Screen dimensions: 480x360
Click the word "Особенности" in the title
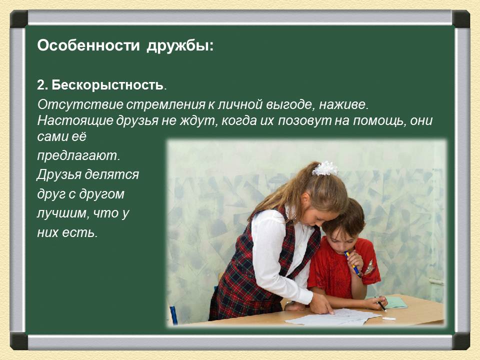coord(88,45)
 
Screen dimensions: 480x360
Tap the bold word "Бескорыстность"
coord(107,85)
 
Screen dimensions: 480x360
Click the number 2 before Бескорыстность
coord(41,85)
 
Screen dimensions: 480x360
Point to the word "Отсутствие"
coord(80,104)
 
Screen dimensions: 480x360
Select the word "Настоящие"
coord(75,121)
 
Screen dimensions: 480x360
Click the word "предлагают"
coord(77,156)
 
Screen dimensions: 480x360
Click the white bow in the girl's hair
coord(324,168)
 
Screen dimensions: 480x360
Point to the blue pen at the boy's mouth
coord(352,264)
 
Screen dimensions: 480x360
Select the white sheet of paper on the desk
coord(333,317)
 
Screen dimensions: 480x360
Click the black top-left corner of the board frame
coord(19,19)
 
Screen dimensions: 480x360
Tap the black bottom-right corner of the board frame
coord(460,341)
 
